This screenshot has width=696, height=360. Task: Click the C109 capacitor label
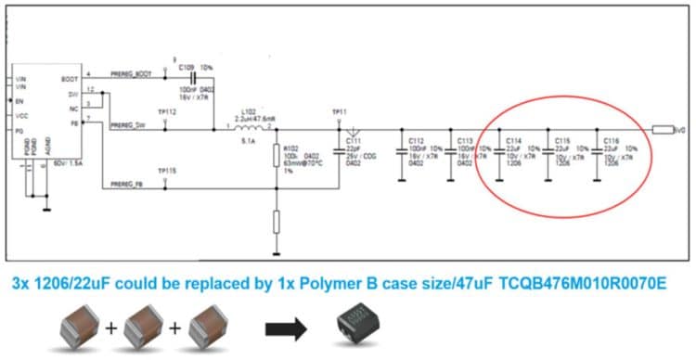tap(183, 68)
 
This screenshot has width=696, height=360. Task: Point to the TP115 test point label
tap(166, 172)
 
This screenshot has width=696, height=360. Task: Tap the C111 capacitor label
tap(353, 140)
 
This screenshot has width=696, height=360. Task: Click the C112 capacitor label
tap(417, 140)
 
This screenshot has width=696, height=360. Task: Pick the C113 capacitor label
tap(465, 140)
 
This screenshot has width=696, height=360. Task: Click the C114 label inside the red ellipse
tap(513, 140)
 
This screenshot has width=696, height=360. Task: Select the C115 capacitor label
tap(561, 140)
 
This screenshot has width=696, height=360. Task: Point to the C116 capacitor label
tap(611, 140)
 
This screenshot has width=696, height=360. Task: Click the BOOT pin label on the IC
tap(69, 79)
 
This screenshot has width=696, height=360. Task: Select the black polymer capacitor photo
tap(361, 326)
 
